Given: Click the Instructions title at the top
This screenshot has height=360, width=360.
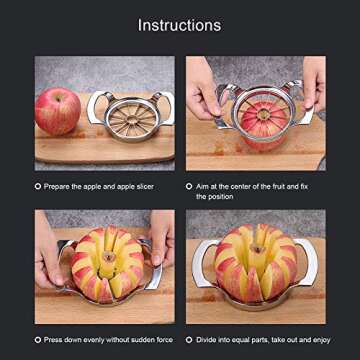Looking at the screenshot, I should point(179,24).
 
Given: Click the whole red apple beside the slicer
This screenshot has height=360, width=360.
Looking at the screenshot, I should point(57,110).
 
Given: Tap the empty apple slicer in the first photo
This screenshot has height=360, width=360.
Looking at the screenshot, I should point(130,117).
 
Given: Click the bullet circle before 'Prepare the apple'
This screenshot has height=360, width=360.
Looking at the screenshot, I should point(38,186).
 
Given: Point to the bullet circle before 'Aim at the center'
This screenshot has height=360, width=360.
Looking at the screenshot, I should point(189,186).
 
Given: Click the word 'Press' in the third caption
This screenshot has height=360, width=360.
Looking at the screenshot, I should point(57,340).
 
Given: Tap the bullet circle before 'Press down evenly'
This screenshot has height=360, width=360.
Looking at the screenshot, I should point(38,340).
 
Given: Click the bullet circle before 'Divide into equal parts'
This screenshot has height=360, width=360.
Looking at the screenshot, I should point(189,340).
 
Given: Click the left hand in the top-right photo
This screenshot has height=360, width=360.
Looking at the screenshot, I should point(202,90).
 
